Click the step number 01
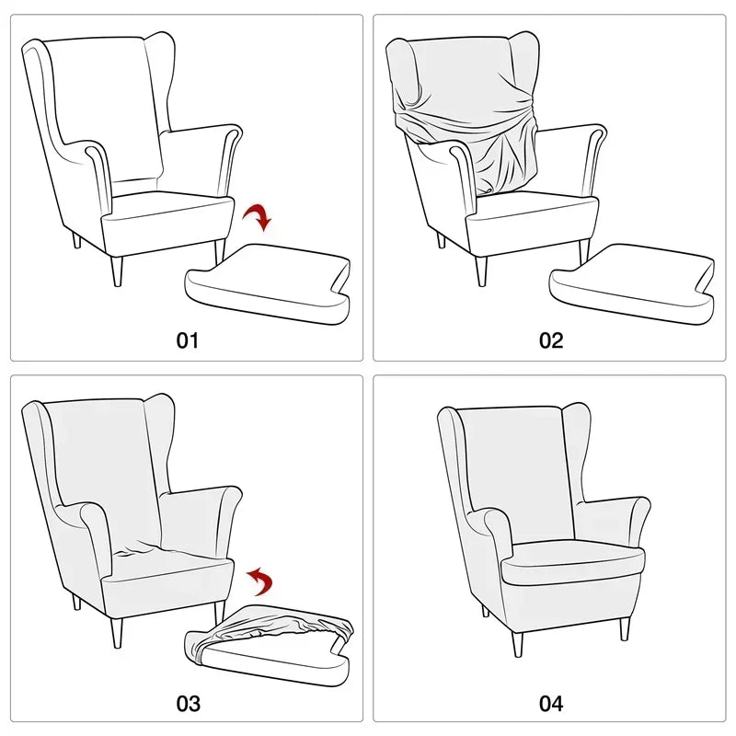point(187,340)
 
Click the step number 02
point(550,340)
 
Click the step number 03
point(187,704)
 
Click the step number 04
point(550,704)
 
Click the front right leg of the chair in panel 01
point(116,270)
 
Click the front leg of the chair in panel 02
point(480,270)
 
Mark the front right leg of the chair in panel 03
point(116,633)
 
